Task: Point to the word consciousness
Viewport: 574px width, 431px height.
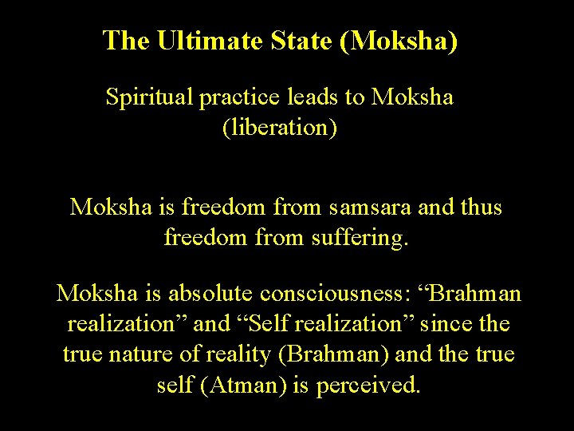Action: point(333,295)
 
